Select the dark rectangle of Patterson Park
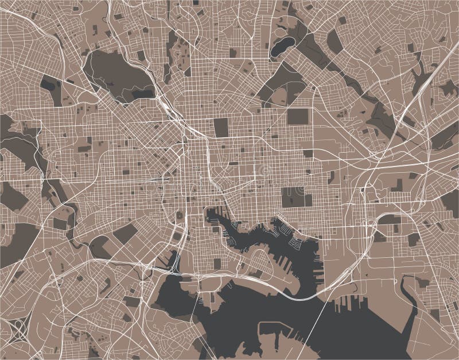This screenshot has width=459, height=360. [296, 197]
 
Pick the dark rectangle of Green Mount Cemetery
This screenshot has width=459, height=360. [221, 127]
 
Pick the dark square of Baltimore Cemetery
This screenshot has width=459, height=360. [297, 117]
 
